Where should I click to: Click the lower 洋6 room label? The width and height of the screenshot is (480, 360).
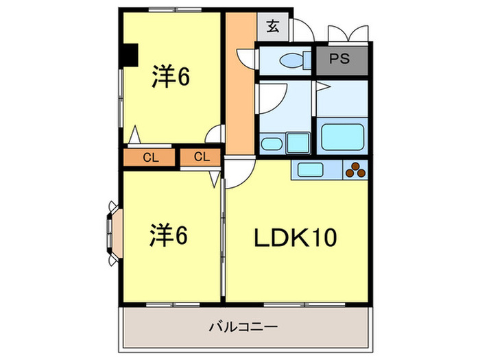click(x=169, y=237)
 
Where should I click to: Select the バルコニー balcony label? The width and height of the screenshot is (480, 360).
click(x=243, y=327)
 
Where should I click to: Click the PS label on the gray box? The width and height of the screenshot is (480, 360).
click(x=341, y=59)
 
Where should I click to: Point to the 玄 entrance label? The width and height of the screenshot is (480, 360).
click(x=272, y=27)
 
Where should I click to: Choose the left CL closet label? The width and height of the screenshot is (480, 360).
click(x=151, y=158)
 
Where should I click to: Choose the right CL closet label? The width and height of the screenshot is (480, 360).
click(x=201, y=158)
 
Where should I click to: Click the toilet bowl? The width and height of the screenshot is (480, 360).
click(x=289, y=60)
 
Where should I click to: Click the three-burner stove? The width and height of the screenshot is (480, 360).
click(x=356, y=170)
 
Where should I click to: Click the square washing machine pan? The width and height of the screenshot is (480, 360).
click(x=298, y=143)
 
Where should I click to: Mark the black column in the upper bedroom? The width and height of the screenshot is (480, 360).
click(x=128, y=55)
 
